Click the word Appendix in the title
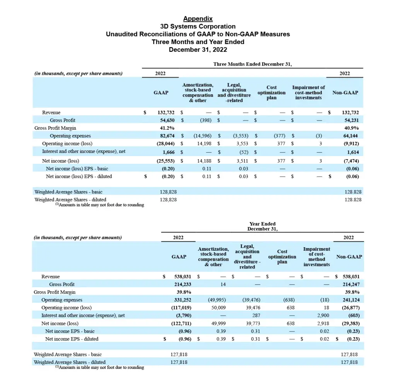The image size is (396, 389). [x=198, y=19]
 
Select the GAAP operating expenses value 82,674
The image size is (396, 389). [x=167, y=136]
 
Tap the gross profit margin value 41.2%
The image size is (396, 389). [x=167, y=128]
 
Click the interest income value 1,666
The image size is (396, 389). [x=169, y=152]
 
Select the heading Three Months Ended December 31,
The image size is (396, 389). [x=253, y=64]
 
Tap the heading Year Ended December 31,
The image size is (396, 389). [x=263, y=226]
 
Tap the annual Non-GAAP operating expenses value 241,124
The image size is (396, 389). [x=350, y=300]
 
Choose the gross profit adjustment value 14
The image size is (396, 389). [x=224, y=284]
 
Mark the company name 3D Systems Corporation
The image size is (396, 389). [x=198, y=26]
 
